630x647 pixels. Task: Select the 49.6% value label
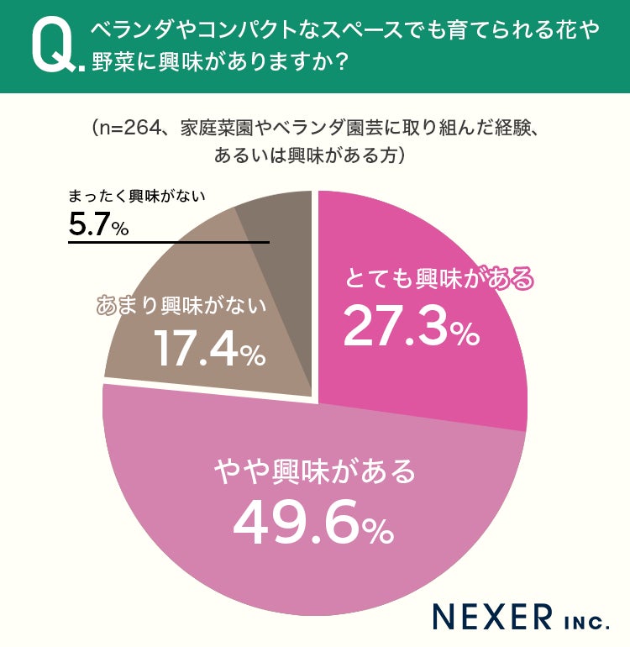click(313, 523)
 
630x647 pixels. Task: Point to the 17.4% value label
click(210, 348)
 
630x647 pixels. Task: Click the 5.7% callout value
click(98, 225)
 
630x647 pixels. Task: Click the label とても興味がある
click(438, 279)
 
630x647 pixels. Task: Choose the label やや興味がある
click(315, 471)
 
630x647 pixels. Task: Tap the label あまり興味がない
click(181, 305)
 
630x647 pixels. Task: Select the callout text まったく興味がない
click(137, 196)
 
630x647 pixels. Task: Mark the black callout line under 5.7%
click(169, 242)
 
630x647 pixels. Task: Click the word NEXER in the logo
click(492, 617)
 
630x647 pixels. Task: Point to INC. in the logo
click(585, 623)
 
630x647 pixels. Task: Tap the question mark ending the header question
click(341, 62)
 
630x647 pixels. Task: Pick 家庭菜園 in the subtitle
click(216, 129)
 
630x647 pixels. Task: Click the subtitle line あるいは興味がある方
click(304, 155)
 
